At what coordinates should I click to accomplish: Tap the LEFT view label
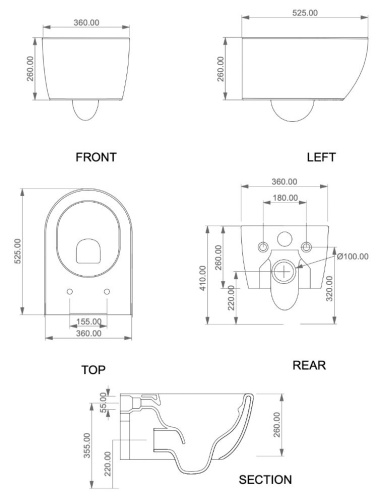[322, 157]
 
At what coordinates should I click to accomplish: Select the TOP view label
[94, 370]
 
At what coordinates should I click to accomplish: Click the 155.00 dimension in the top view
[88, 322]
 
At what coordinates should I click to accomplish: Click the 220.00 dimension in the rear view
[232, 298]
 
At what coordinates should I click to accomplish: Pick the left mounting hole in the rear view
[262, 247]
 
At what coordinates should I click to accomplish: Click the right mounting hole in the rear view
[306, 247]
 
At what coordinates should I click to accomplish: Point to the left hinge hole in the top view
[70, 292]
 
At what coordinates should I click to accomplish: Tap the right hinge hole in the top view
[107, 292]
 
